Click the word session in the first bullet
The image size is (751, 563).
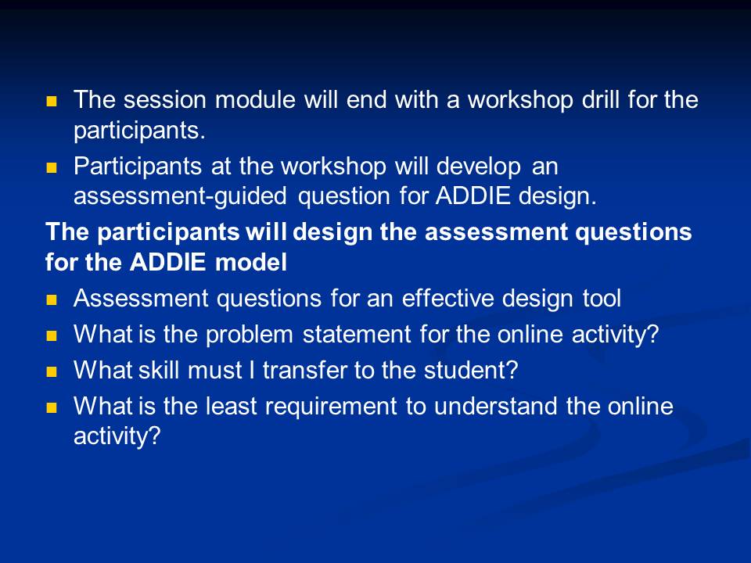[x=165, y=99]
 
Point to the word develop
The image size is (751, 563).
[x=479, y=167]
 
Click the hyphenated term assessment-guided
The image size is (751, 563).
[x=180, y=196]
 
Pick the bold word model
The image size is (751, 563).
[x=251, y=262]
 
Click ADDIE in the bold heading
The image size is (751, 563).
[x=167, y=262]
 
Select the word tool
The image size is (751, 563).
[x=602, y=298]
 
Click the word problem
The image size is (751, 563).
[x=249, y=334]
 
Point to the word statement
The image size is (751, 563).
[x=357, y=334]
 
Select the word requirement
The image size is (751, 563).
[x=331, y=407]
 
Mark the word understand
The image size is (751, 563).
[x=496, y=406]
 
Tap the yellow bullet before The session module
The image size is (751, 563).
[x=52, y=102]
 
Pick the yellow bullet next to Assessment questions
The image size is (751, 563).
[x=52, y=300]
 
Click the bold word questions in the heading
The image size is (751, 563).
[x=633, y=232]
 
